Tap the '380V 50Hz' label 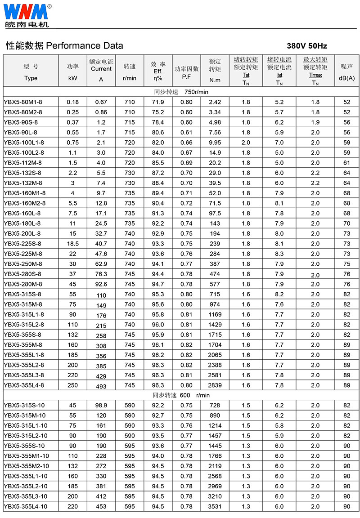point(307,46)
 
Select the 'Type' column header point(31,78)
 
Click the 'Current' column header point(101,69)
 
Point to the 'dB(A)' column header point(346,78)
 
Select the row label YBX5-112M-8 point(22,163)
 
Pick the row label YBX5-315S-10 point(24,405)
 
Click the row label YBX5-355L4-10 point(25,506)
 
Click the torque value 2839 point(215,385)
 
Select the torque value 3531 point(215,506)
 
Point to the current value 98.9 point(101,405)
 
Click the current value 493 point(101,386)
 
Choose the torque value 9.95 point(215,143)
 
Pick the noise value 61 point(346,163)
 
